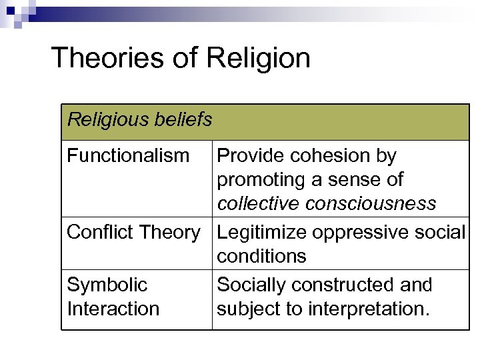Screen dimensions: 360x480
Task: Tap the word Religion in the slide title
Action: coord(258,58)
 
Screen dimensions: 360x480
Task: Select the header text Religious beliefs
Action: coord(140,120)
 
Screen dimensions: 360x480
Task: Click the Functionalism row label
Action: coord(128,156)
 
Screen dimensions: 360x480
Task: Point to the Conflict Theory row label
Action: coord(133,232)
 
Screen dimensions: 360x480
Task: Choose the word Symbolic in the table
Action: coord(107,285)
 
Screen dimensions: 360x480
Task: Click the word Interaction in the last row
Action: coord(113,309)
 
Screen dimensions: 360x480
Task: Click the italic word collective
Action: coord(259,203)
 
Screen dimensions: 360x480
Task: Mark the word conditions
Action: coord(261,256)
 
